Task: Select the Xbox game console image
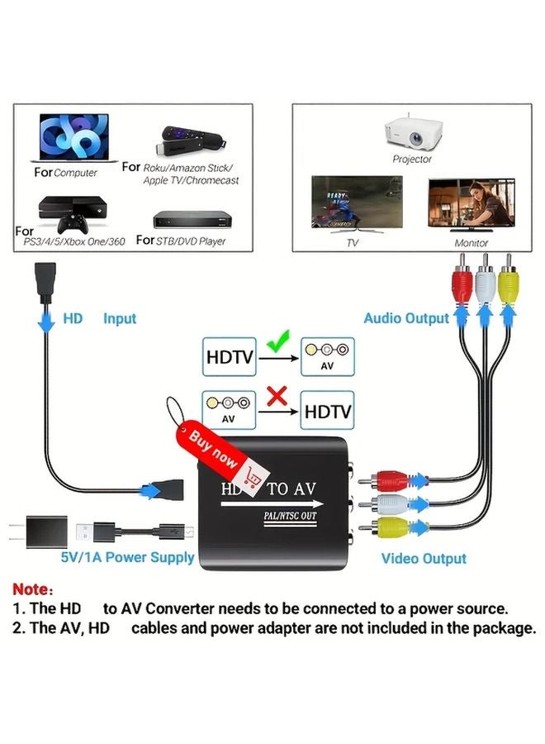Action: (70, 212)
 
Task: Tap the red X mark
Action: (278, 398)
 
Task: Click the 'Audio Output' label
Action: (406, 318)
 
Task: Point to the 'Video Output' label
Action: (424, 559)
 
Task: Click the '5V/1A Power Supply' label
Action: (127, 557)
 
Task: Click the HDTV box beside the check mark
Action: (230, 357)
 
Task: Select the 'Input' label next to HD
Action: (120, 318)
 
